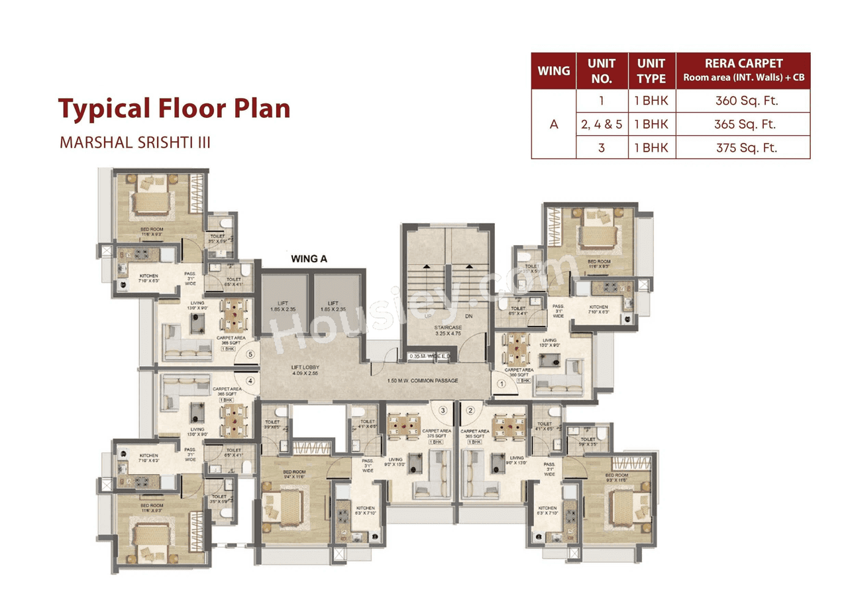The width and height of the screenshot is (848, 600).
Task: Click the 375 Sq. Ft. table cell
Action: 743,148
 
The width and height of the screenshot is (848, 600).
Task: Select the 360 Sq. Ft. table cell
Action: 743,101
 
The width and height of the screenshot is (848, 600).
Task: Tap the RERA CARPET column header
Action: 743,70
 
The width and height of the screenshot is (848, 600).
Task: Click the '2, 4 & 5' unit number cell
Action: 602,125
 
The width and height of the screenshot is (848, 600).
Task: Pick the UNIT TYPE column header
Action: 651,70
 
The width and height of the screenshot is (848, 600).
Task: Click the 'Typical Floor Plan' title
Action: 174,108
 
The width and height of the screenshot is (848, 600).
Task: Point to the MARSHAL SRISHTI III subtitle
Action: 135,142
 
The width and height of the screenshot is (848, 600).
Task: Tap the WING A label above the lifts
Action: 309,259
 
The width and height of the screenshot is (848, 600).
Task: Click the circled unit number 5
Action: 250,354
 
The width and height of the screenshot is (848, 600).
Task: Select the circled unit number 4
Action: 250,381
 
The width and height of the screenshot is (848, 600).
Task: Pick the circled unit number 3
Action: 443,411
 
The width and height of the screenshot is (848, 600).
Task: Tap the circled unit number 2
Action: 470,411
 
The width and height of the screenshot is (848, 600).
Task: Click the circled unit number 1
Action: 502,383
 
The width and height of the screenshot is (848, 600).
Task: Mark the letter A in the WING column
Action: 554,125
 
